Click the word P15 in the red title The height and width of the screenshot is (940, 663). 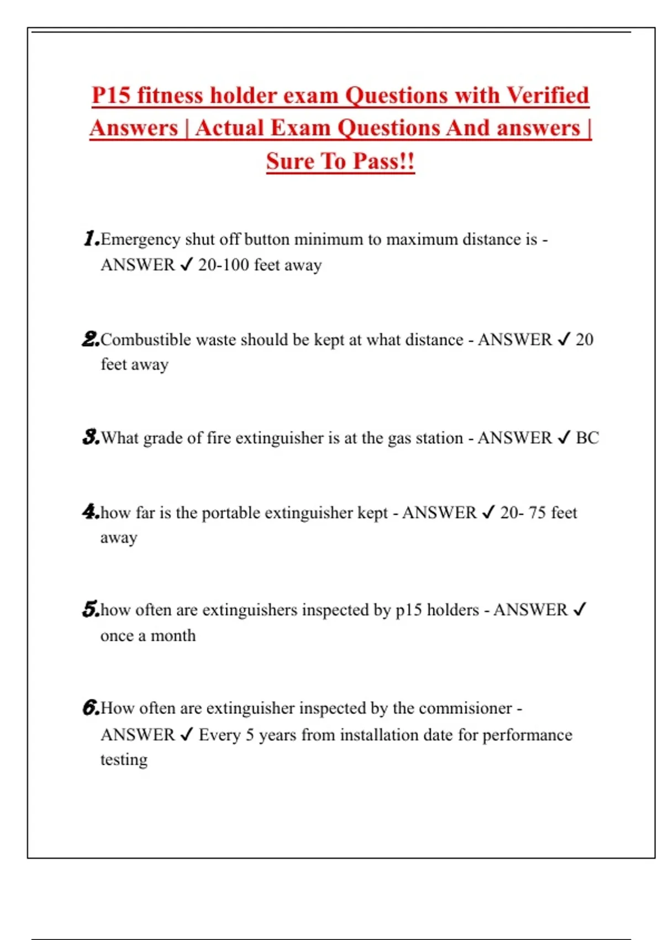[111, 95]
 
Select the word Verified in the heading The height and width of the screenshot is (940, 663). [548, 95]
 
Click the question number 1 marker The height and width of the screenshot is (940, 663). [91, 238]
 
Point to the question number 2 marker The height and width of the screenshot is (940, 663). [90, 338]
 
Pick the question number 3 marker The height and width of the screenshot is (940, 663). [90, 437]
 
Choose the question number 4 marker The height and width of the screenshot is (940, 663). [90, 511]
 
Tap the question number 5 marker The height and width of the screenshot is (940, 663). [90, 609]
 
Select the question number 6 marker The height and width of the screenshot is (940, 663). [90, 707]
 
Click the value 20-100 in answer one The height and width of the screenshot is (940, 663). [224, 265]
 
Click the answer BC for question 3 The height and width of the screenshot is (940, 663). [587, 438]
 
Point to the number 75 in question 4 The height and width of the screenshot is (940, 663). [537, 513]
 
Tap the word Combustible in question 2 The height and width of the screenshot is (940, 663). [145, 340]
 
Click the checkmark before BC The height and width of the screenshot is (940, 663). [564, 438]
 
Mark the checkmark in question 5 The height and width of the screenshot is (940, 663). [579, 609]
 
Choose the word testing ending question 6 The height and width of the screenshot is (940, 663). [124, 760]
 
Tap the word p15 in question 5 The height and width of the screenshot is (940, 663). [408, 610]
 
